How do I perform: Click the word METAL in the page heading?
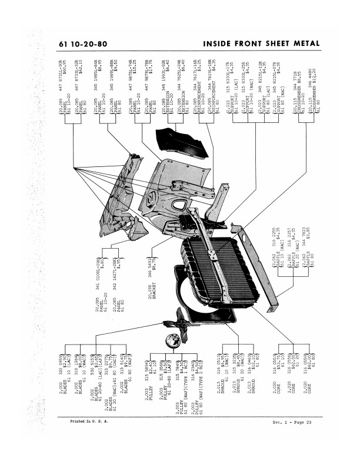pos(303,44)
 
